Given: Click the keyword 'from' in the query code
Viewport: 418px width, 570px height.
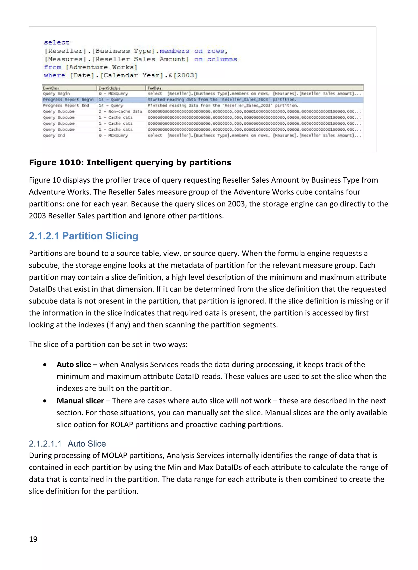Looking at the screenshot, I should pyautogui.click(x=53, y=67).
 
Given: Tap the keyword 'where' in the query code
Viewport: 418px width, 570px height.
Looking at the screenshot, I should pyautogui.click(x=54, y=75).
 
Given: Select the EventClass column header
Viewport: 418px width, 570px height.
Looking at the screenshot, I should pyautogui.click(x=51, y=88).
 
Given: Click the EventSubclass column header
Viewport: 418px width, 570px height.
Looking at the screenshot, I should pyautogui.click(x=109, y=88).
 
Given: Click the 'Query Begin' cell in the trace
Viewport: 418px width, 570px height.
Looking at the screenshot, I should pyautogui.click(x=56, y=94).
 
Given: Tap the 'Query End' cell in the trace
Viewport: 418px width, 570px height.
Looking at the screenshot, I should pyautogui.click(x=54, y=135).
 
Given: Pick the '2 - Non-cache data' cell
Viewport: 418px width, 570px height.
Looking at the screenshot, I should pyautogui.click(x=120, y=112).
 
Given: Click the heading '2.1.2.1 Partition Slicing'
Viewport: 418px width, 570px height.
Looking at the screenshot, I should pyautogui.click(x=83, y=236).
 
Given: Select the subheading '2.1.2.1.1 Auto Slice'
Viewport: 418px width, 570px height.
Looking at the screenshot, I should pyautogui.click(x=67, y=444).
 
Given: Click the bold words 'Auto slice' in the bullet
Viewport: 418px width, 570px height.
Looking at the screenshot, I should pyautogui.click(x=74, y=365).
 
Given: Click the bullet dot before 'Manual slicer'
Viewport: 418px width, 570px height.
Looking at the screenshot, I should pyautogui.click(x=45, y=401).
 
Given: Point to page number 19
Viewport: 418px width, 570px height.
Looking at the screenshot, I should pyautogui.click(x=33, y=539).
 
